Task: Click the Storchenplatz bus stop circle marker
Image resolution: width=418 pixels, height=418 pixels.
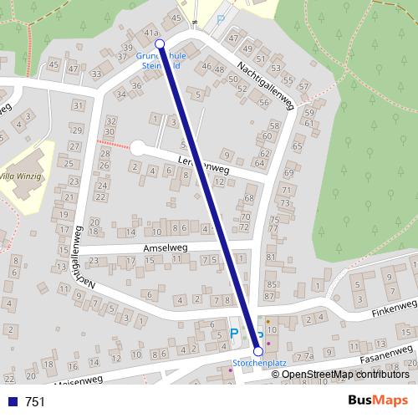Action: click(257, 352)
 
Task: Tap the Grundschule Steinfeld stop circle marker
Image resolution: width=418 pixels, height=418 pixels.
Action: click(160, 43)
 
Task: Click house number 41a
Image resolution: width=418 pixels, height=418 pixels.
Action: click(151, 33)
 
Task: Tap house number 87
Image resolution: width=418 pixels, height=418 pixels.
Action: click(270, 295)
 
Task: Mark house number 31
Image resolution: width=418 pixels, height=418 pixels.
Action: click(79, 105)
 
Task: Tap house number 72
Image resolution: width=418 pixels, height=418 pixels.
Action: click(244, 227)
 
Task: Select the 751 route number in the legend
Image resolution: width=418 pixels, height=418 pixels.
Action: click(35, 401)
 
